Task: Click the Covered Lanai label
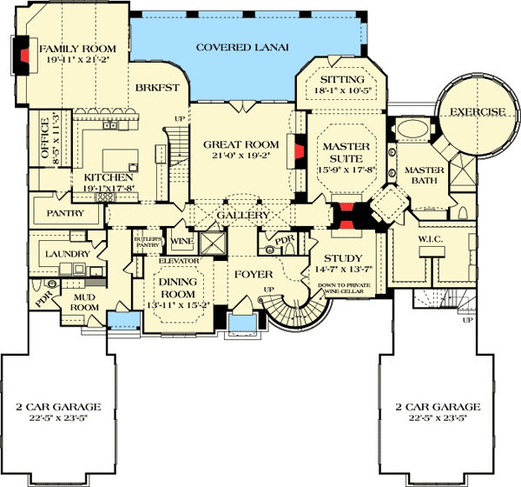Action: coord(241,47)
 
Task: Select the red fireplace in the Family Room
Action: coord(23,55)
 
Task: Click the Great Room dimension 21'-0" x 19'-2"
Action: coord(241,157)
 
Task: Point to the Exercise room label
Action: coord(476,111)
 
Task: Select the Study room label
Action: coord(342,258)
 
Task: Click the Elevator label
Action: coord(180,261)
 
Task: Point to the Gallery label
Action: coord(242,214)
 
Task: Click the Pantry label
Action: coord(65,213)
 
